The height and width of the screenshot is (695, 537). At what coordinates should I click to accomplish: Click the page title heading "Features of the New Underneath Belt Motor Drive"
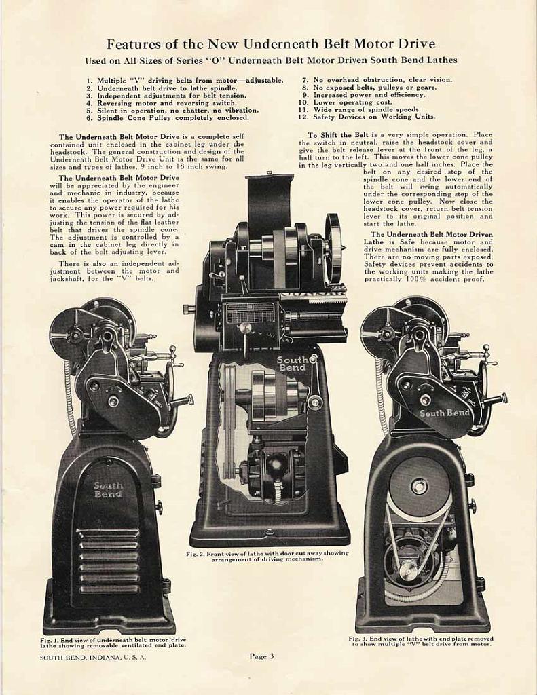tap(271, 44)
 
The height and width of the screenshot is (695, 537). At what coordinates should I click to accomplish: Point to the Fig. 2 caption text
tap(267, 556)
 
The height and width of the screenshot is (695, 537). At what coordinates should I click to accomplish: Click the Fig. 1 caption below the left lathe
tap(113, 642)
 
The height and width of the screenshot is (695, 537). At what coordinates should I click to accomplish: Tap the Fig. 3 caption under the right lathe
tap(421, 641)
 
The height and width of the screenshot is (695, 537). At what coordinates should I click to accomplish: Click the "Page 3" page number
tap(261, 656)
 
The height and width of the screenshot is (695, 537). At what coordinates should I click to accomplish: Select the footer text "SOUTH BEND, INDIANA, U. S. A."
tap(93, 657)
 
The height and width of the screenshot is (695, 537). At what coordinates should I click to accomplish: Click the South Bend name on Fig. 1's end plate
tap(109, 489)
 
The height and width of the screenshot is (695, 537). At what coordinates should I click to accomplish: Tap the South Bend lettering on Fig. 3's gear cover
tap(444, 413)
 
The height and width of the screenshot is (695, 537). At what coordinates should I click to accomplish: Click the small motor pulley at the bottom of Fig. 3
tap(407, 571)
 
